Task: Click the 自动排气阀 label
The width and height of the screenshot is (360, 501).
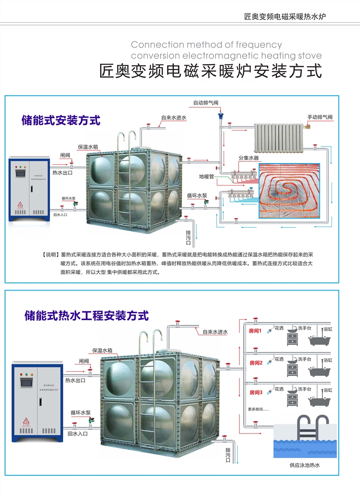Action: (205, 103)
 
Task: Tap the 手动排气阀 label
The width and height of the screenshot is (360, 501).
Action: (319, 117)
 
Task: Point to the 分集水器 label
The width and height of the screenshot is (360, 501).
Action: (249, 158)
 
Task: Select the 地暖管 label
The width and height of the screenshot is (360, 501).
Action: (206, 177)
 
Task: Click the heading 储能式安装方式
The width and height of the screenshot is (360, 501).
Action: (61, 121)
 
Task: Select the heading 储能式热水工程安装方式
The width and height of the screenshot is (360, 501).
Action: (87, 315)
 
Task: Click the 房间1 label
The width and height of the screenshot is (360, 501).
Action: (255, 331)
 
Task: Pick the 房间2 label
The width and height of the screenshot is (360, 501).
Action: (255, 362)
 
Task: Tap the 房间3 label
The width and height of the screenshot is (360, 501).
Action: (255, 392)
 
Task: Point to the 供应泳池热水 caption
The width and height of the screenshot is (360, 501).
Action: (304, 465)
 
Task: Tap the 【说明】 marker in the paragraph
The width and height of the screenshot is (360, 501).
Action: (50, 255)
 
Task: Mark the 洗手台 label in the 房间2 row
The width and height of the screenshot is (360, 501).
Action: (304, 359)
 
